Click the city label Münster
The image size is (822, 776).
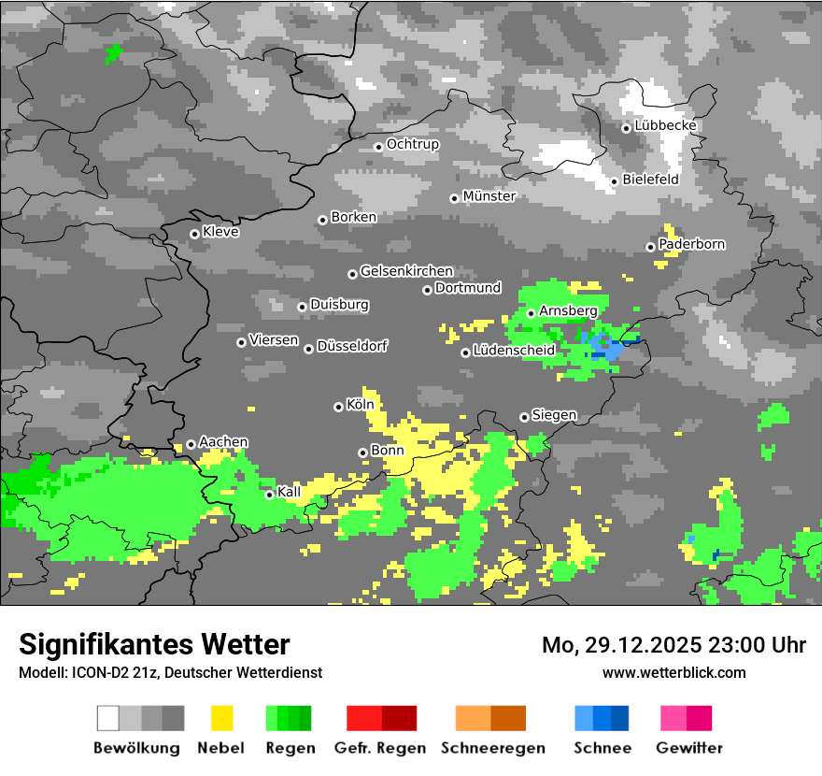pyautogui.click(x=489, y=196)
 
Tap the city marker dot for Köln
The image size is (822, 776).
pyautogui.click(x=338, y=407)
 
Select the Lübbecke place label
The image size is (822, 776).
pyautogui.click(x=665, y=125)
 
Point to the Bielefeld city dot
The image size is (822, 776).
pyautogui.click(x=615, y=181)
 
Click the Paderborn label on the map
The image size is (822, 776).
pyautogui.click(x=691, y=244)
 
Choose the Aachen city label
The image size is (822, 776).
pyautogui.click(x=223, y=441)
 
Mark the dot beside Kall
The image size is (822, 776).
pyautogui.click(x=269, y=495)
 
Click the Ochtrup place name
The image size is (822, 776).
pyautogui.click(x=412, y=144)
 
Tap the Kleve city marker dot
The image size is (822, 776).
pyautogui.click(x=194, y=234)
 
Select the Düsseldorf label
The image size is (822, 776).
pyautogui.click(x=351, y=346)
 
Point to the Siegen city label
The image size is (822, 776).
pyautogui.click(x=554, y=414)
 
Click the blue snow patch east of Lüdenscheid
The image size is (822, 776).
pyautogui.click(x=607, y=347)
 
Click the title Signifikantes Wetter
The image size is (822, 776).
pyautogui.click(x=154, y=644)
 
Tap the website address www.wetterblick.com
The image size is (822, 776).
pyautogui.click(x=673, y=672)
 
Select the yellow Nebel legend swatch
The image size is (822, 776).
pyautogui.click(x=222, y=718)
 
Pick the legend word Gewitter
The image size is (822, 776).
pyautogui.click(x=689, y=748)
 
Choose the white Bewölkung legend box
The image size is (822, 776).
pyautogui.click(x=108, y=718)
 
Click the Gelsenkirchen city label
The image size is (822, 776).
pyautogui.click(x=406, y=271)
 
